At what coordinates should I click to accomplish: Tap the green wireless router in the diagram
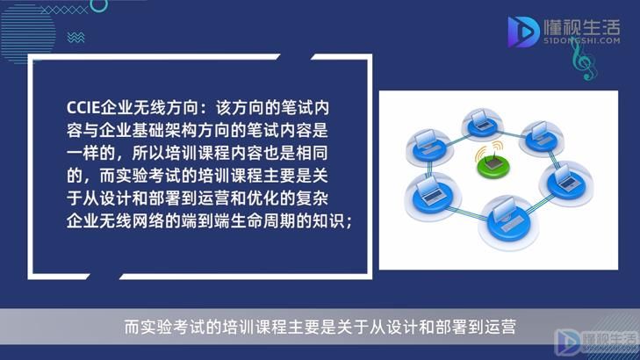(493, 165)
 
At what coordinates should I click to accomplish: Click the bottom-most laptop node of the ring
(508, 221)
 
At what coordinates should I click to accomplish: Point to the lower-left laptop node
(432, 196)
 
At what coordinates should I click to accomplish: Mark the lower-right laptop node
(565, 183)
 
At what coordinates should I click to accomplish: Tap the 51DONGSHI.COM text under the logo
(582, 40)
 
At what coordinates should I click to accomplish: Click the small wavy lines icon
(76, 38)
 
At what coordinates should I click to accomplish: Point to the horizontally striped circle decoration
(28, 33)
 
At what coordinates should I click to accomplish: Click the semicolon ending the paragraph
(349, 223)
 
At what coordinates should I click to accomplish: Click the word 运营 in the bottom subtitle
(500, 327)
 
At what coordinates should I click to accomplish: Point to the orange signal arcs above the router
(489, 150)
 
